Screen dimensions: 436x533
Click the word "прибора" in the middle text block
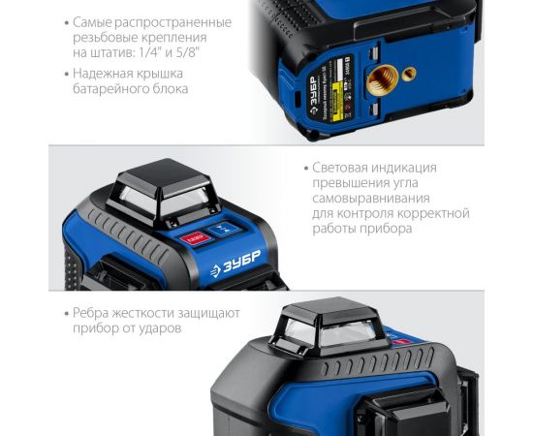pos(376,229)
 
